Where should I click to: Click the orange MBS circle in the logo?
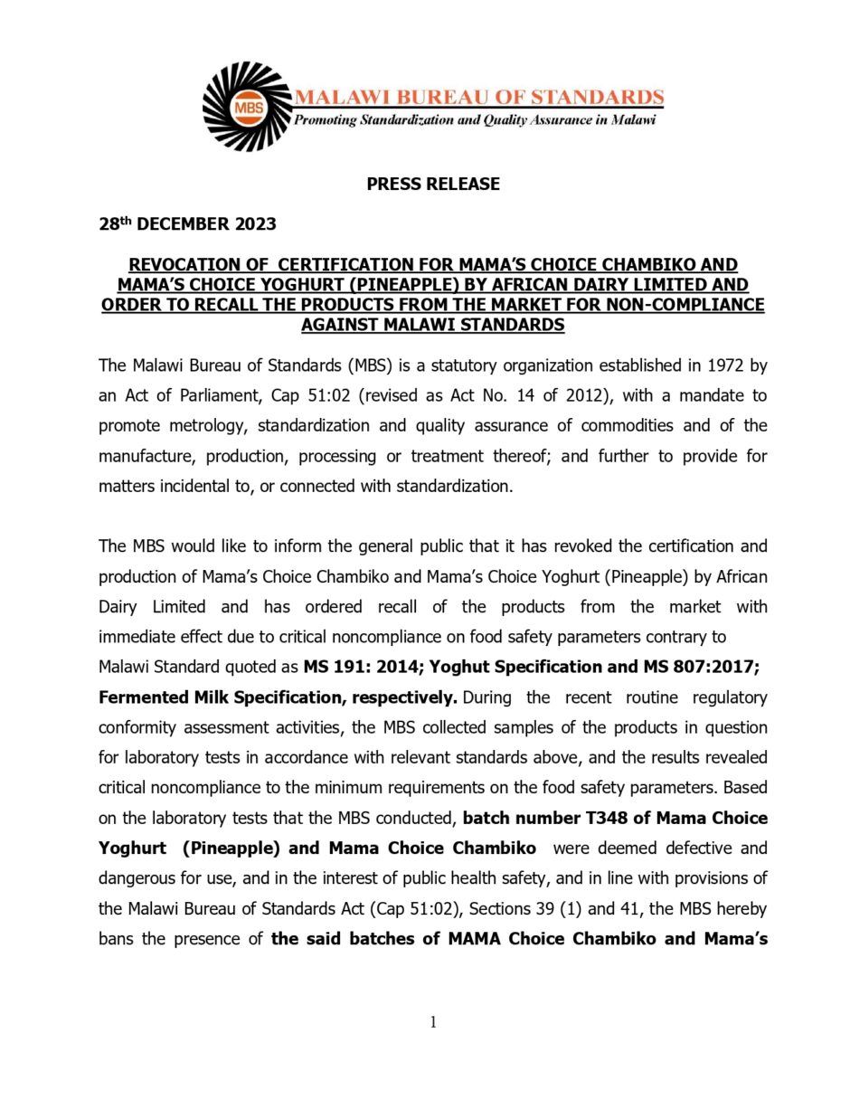coord(247,108)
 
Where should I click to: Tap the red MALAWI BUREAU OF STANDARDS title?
coord(479,97)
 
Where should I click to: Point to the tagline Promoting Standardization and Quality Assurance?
coord(475,120)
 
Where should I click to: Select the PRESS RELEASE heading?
coord(433,185)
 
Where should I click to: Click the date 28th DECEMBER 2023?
coord(187,224)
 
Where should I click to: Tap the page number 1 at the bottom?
coord(433,1022)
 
